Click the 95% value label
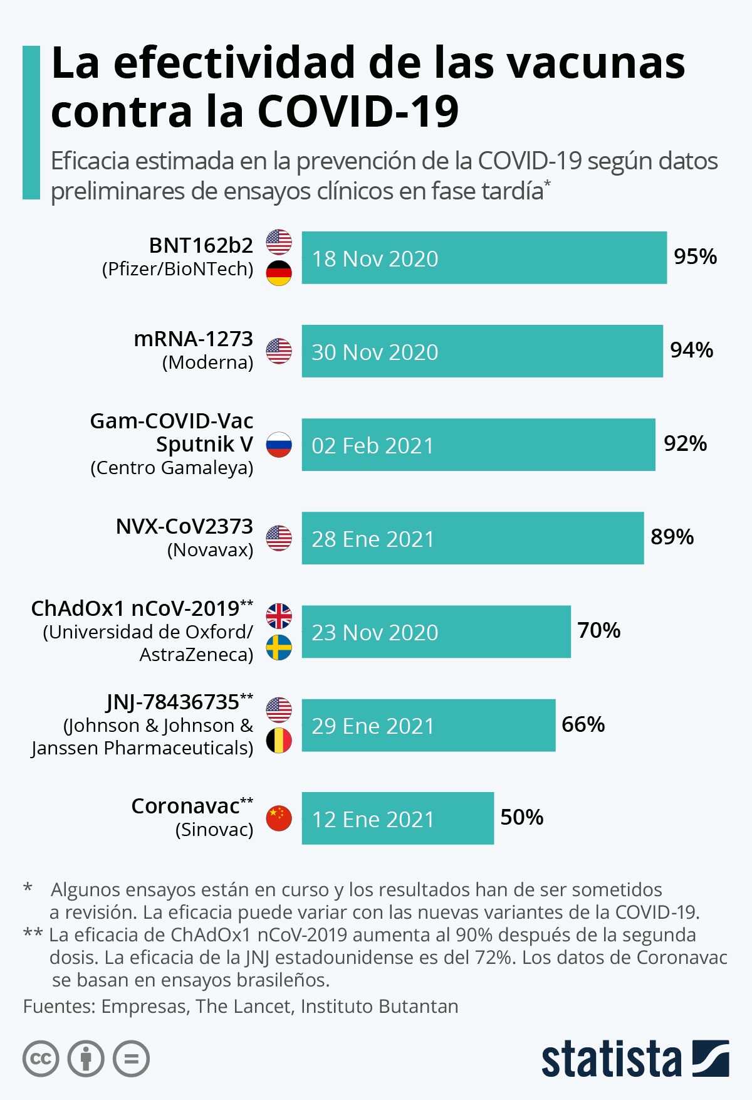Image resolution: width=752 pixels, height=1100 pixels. click(695, 256)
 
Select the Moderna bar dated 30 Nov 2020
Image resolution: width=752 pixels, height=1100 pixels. click(481, 351)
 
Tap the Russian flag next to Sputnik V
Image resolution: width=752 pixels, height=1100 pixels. click(279, 445)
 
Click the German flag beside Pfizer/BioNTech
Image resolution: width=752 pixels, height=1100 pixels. click(279, 273)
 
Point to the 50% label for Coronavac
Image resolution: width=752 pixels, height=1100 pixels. click(521, 817)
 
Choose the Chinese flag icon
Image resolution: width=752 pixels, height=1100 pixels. click(279, 818)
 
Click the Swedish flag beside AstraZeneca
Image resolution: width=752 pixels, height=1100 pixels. click(279, 647)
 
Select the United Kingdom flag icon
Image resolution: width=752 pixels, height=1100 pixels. click(279, 616)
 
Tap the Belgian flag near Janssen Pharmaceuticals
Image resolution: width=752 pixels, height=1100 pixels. click(279, 741)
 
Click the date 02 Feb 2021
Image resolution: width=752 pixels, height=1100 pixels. click(373, 446)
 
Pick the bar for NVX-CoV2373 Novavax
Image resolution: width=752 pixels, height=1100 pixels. click(472, 538)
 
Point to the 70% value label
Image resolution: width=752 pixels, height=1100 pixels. click(598, 630)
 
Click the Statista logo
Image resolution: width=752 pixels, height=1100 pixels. click(634, 1059)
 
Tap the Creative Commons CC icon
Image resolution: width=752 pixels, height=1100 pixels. click(41, 1059)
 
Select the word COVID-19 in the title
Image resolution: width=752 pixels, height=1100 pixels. click(358, 112)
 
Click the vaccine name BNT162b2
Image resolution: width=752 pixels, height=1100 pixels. click(201, 245)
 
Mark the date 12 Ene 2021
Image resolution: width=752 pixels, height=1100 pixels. click(373, 820)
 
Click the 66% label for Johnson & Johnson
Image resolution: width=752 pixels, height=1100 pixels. click(583, 724)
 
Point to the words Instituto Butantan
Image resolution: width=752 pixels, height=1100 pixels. click(379, 1006)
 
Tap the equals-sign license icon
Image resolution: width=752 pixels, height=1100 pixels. click(131, 1059)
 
